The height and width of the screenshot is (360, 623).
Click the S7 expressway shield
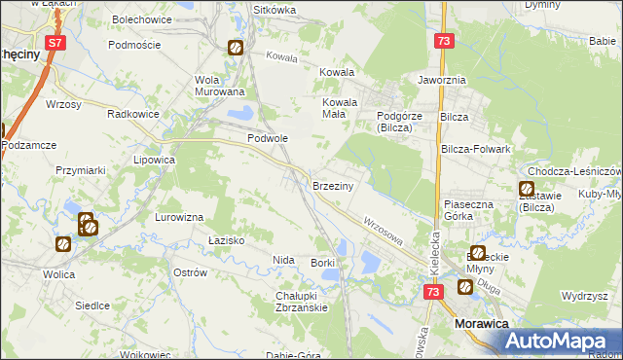click(56, 43)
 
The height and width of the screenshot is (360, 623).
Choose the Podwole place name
click(268, 138)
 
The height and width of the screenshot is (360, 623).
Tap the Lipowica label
click(154, 159)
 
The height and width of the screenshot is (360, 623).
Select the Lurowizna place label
click(178, 217)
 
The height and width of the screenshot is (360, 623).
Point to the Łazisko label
click(226, 239)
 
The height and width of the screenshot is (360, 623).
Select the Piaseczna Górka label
click(470, 211)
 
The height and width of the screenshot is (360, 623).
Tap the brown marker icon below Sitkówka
click(236, 48)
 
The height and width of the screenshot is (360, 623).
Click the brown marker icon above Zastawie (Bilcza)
click(527, 189)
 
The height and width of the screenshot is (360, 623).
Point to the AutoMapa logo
click(559, 341)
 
